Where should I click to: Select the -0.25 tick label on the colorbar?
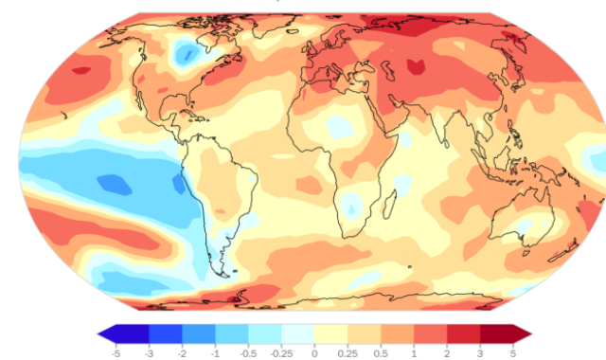coord(281,351)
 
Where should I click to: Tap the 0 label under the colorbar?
coord(313,351)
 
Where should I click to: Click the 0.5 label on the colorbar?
coord(381,351)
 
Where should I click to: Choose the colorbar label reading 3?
coord(479,351)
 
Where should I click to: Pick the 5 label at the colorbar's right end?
coord(512,351)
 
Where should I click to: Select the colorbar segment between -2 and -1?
coord(200,333)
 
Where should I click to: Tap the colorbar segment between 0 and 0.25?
coord(330,333)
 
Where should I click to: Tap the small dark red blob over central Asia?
coord(414,66)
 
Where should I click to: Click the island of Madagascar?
coord(387,204)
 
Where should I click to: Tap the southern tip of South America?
coord(223,274)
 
